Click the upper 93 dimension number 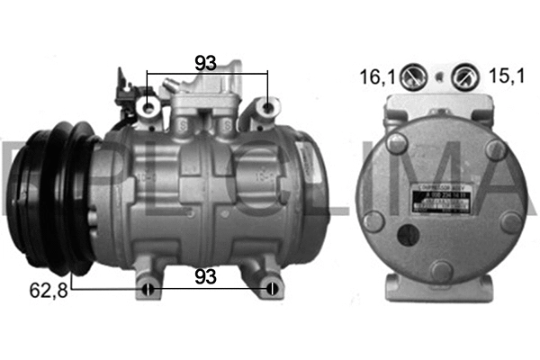pyautogui.click(x=207, y=63)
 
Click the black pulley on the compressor pyautogui.click(x=45, y=202)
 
